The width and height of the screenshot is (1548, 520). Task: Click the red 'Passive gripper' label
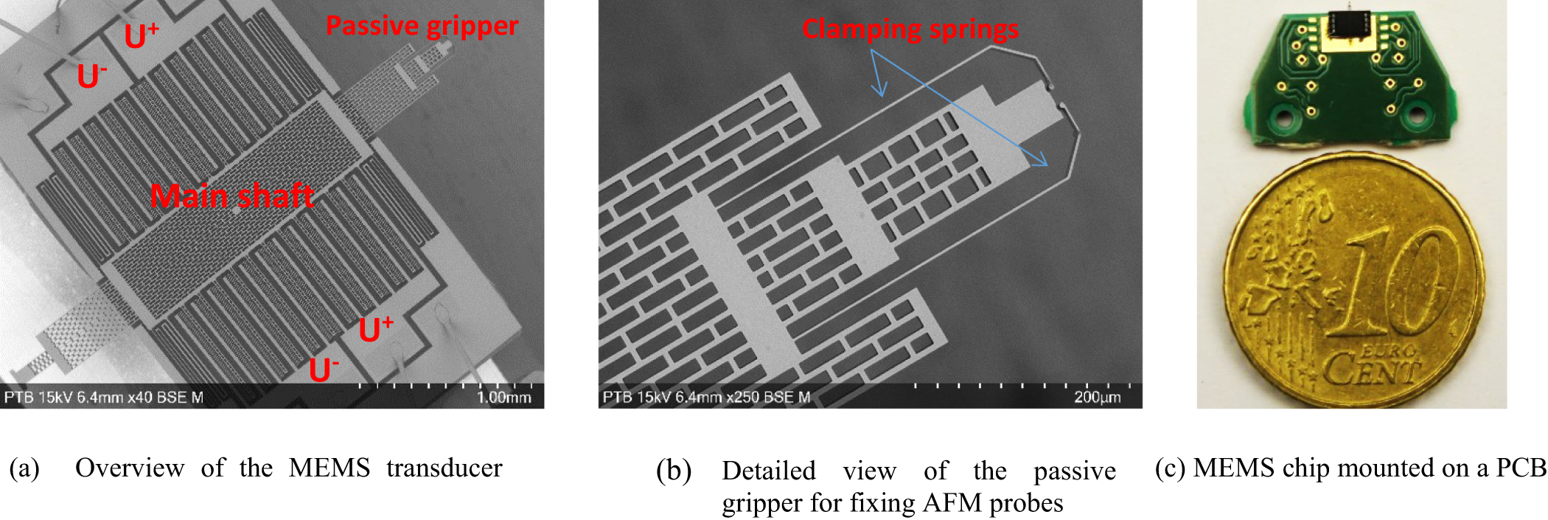(x=422, y=26)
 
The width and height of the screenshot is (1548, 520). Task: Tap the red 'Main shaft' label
(x=232, y=196)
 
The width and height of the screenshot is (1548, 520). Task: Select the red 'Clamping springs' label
(x=910, y=29)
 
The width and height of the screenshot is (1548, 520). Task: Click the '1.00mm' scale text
(x=503, y=398)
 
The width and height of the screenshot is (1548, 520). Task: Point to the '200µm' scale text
(x=1097, y=398)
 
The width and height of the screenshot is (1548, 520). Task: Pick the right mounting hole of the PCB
(x=1416, y=115)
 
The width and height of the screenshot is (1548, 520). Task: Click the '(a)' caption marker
(x=24, y=468)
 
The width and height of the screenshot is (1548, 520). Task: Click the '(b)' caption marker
(x=673, y=471)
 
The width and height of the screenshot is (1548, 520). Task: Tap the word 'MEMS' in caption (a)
(x=329, y=468)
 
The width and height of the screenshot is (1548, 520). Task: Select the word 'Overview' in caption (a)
(x=130, y=468)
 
